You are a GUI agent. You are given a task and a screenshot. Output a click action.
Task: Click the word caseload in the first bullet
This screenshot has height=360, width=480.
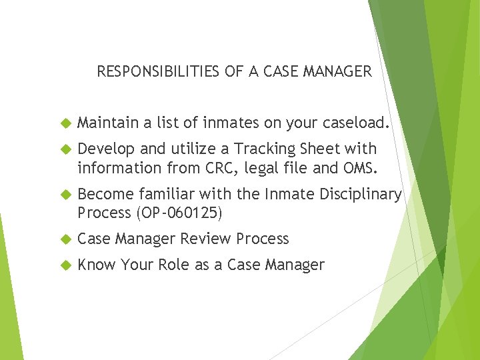click(x=351, y=123)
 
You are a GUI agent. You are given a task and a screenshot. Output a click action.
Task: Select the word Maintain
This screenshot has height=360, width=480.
click(x=104, y=123)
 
